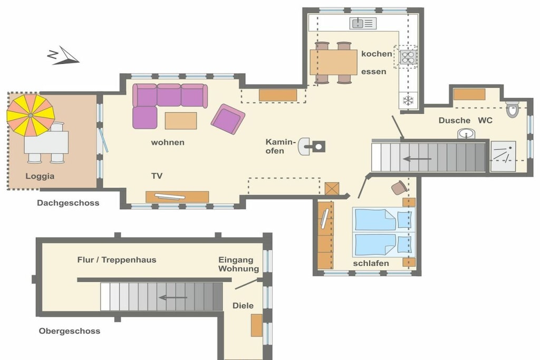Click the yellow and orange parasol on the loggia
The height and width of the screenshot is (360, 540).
(x=31, y=115)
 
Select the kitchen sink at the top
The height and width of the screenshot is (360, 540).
(x=363, y=23)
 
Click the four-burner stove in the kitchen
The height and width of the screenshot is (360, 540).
(x=408, y=57)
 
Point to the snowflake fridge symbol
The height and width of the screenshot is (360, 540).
(x=408, y=101)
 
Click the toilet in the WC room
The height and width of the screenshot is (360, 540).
(x=512, y=110)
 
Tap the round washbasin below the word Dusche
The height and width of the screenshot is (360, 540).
(x=466, y=133)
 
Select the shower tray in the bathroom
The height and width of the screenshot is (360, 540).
(x=503, y=156)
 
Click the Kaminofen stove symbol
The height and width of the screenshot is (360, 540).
(x=312, y=147)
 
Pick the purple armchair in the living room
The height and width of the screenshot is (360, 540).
(x=228, y=119)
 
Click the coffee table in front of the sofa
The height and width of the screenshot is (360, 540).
(x=181, y=121)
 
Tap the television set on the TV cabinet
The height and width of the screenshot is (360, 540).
(x=169, y=197)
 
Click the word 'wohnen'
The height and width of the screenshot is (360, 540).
(x=168, y=142)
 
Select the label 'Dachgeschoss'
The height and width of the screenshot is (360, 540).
(x=68, y=203)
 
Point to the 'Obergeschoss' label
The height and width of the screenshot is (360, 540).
(x=70, y=330)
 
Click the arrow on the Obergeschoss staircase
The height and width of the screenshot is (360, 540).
(x=173, y=297)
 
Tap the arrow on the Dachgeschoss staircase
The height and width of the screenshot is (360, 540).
(x=417, y=159)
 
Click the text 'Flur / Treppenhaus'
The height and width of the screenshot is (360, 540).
(x=117, y=259)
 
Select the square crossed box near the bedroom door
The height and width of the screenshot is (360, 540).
(x=332, y=189)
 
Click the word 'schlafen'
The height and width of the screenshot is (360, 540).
(x=371, y=264)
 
